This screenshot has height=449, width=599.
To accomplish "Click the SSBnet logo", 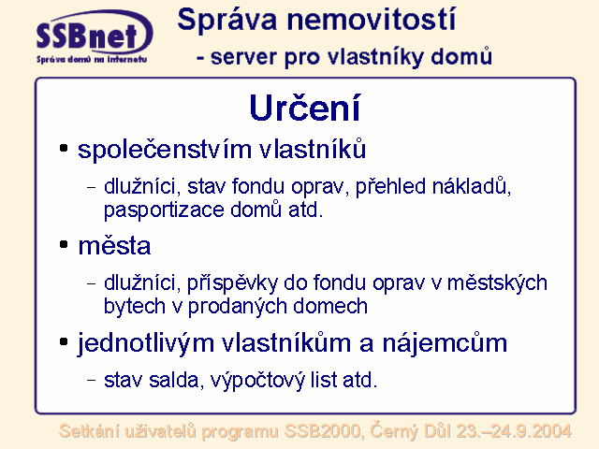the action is click(95, 37).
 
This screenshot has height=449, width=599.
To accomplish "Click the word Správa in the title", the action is click(226, 20).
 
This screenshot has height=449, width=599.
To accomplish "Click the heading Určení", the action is click(305, 108).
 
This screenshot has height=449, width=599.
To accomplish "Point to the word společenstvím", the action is click(165, 150).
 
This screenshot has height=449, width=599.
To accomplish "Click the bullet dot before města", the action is click(64, 244).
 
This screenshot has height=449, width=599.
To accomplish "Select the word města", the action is click(114, 245).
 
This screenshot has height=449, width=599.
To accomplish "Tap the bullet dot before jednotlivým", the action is click(64, 341).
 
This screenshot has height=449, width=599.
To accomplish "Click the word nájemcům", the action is click(446, 342).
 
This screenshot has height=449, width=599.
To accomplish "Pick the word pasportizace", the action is click(164, 210).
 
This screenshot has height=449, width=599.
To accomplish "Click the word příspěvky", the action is click(232, 283).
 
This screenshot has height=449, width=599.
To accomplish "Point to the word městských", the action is click(497, 283).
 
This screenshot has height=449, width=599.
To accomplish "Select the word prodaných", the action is click(237, 307).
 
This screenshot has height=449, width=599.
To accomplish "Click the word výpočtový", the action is click(258, 381).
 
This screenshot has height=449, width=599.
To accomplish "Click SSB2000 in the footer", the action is click(322, 431).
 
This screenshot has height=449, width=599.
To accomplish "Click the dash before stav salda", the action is click(92, 380).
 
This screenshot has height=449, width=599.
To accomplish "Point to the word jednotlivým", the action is click(146, 342).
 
